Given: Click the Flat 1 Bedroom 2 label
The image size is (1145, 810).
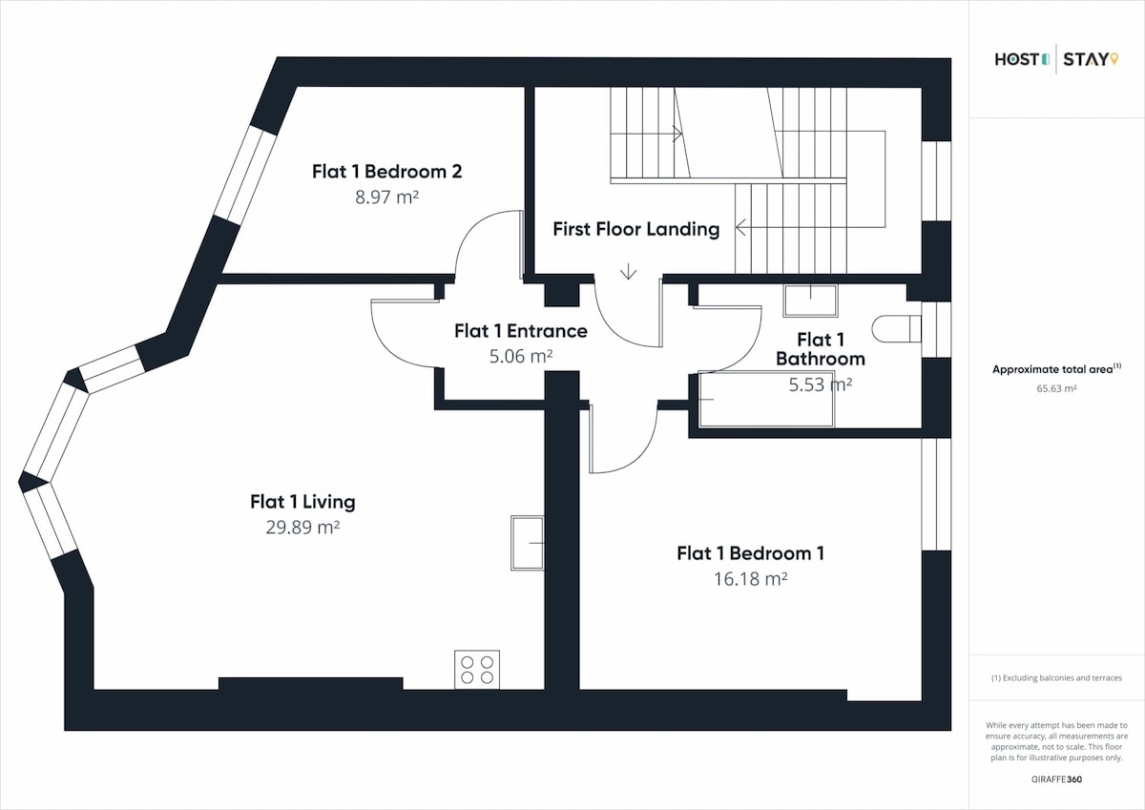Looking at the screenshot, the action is pyautogui.click(x=387, y=171).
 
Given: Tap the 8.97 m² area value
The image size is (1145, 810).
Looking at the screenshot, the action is pyautogui.click(x=387, y=197).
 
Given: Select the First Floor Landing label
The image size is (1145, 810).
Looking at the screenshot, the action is pyautogui.click(x=635, y=229).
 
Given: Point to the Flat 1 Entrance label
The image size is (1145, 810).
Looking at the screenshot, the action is pyautogui.click(x=521, y=331).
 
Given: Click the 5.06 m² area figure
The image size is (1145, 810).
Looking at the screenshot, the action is pyautogui.click(x=521, y=356).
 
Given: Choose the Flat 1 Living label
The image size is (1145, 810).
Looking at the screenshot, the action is pyautogui.click(x=302, y=502).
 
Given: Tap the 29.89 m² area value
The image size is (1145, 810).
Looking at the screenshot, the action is pyautogui.click(x=302, y=527).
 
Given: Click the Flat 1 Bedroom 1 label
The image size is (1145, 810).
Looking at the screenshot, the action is pyautogui.click(x=750, y=553).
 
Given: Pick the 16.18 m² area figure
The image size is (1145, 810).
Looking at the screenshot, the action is pyautogui.click(x=750, y=579).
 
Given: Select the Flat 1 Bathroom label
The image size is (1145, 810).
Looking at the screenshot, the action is pyautogui.click(x=821, y=349).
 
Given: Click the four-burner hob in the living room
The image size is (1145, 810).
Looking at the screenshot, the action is pyautogui.click(x=477, y=670).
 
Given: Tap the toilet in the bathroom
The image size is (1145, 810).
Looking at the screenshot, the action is pyautogui.click(x=896, y=328).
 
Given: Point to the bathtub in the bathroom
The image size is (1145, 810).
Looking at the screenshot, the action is pyautogui.click(x=766, y=399).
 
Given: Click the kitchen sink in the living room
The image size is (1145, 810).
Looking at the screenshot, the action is pyautogui.click(x=527, y=543).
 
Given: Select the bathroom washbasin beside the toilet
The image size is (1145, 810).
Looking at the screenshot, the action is pyautogui.click(x=810, y=301).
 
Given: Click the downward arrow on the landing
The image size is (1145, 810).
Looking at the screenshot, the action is pyautogui.click(x=628, y=271).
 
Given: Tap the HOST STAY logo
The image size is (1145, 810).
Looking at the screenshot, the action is pyautogui.click(x=1056, y=59).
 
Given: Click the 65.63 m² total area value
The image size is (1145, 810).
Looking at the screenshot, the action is pyautogui.click(x=1056, y=388).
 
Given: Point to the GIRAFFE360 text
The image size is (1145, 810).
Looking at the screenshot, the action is pyautogui.click(x=1056, y=779).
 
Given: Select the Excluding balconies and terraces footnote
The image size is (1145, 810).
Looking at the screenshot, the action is pyautogui.click(x=1056, y=678).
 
